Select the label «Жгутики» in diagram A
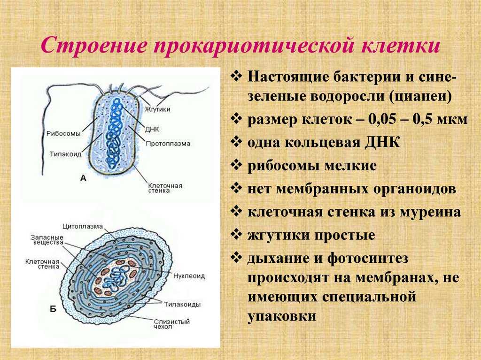[157, 109]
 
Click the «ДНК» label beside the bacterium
[152, 129]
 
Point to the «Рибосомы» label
[63, 133]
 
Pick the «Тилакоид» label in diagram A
[66, 153]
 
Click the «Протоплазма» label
[168, 144]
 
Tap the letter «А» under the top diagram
[83, 178]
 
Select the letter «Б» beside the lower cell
[53, 309]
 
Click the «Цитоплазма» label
[83, 226]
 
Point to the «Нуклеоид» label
[189, 276]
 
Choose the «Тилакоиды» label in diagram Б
[182, 304]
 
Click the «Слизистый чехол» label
[172, 324]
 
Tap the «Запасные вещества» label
[47, 240]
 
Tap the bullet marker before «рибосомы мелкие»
[236, 166]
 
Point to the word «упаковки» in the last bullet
[282, 316]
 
